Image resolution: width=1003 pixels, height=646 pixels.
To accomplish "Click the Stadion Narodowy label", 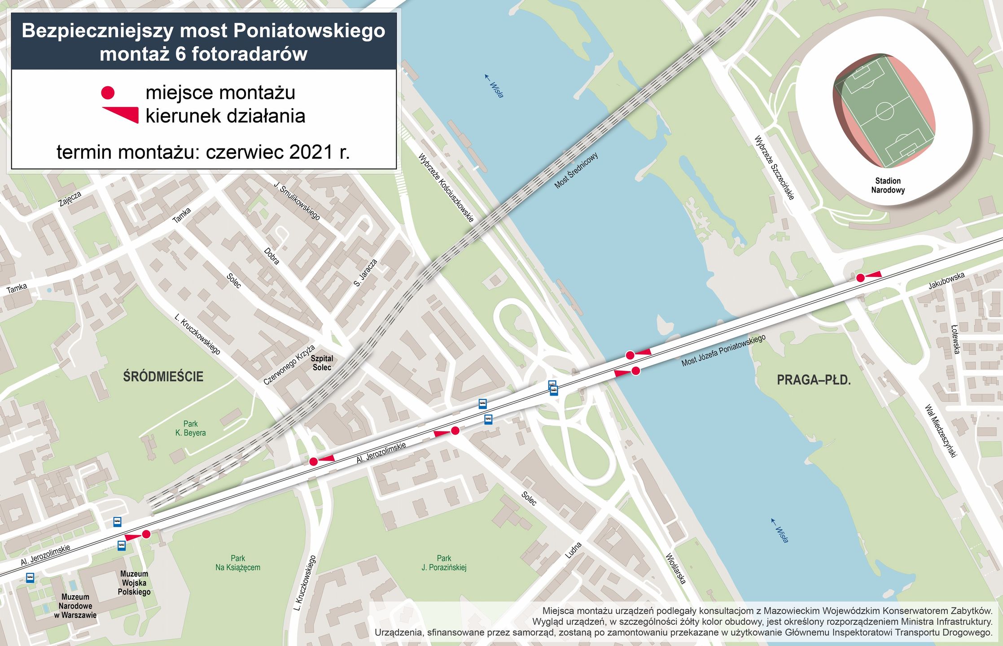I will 888,185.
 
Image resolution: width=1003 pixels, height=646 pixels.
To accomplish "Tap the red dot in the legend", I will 108,93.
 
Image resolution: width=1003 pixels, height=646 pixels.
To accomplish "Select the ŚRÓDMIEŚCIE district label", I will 163,376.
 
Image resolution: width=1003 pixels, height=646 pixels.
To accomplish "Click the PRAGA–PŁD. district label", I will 814,380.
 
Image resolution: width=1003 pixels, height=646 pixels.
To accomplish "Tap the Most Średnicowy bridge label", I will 576,170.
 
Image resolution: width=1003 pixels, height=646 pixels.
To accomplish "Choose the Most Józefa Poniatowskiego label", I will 723,350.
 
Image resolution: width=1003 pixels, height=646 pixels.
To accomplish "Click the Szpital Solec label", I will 322,363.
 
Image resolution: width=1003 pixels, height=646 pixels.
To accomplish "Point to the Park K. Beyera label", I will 190,428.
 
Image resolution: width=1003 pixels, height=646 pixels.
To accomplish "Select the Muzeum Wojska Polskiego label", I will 134,583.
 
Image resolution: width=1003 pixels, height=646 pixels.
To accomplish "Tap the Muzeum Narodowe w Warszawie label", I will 75,606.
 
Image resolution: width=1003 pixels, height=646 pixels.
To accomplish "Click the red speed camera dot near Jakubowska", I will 860,278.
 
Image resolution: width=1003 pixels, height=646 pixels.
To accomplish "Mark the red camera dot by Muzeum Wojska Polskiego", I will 146,534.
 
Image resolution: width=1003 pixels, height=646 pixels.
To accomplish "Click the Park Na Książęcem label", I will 237,563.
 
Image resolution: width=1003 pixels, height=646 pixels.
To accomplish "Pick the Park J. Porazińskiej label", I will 444,563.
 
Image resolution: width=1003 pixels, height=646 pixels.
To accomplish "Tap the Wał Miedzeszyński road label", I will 941,431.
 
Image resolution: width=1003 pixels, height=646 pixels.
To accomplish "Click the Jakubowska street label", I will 946,281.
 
